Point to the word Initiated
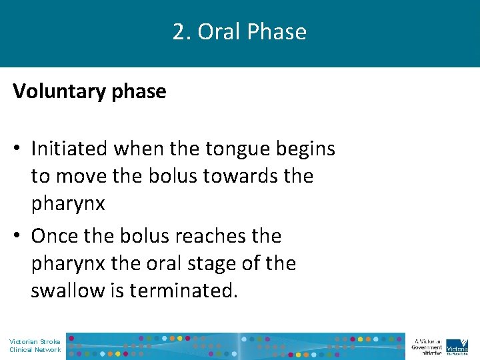(x=71, y=148)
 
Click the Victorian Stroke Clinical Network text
(x=35, y=345)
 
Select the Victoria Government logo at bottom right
(x=456, y=345)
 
